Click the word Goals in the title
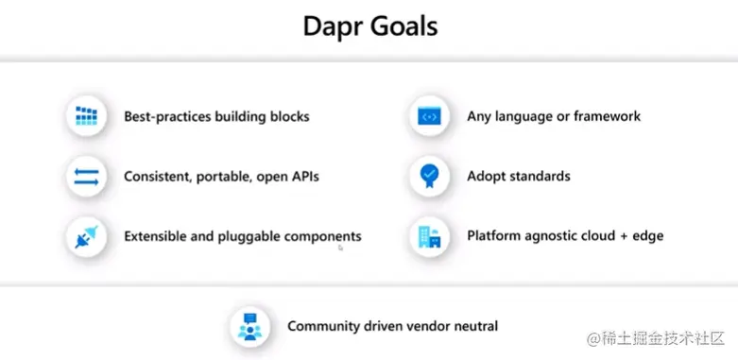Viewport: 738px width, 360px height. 404,26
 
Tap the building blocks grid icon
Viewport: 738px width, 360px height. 87,117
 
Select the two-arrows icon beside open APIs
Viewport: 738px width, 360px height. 87,176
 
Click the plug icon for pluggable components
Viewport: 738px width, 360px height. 87,235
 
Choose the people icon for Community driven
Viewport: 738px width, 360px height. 250,327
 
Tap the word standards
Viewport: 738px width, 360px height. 539,176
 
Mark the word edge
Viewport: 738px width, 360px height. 646,235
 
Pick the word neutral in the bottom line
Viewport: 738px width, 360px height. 473,327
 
